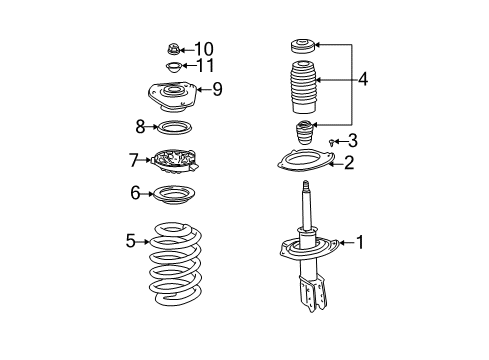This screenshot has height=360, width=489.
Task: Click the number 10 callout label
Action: pyautogui.click(x=204, y=49)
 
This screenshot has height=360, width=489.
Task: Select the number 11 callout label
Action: pyautogui.click(x=206, y=67)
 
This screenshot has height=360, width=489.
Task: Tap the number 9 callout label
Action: pyautogui.click(x=217, y=90)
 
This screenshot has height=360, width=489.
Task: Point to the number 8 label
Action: pyautogui.click(x=140, y=126)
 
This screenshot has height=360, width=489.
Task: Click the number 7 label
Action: pyautogui.click(x=133, y=160)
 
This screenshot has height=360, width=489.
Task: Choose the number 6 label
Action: pyautogui.click(x=135, y=193)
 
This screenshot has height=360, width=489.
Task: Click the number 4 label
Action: pyautogui.click(x=362, y=78)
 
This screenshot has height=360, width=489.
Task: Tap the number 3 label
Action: pyautogui.click(x=352, y=141)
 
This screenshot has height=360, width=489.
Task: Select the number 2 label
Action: pyautogui.click(x=348, y=162)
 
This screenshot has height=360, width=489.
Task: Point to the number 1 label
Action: pyautogui.click(x=361, y=269)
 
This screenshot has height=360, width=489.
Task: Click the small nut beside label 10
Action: pyautogui.click(x=172, y=49)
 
